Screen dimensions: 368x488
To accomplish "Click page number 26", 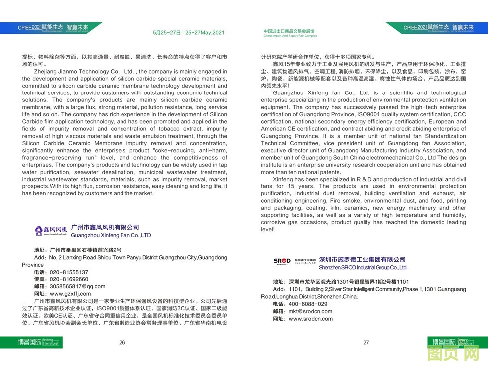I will [122, 342].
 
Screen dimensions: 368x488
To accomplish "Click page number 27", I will [366, 342].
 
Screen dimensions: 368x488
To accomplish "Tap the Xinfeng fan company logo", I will [51, 230].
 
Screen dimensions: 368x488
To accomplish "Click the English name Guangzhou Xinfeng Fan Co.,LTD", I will [111, 235].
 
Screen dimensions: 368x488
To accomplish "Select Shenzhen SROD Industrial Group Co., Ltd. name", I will [363, 267].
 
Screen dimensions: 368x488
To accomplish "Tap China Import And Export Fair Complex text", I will [290, 36].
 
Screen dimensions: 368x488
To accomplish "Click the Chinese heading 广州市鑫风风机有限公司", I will [106, 227].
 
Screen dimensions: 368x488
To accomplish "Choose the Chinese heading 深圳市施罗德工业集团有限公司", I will [362, 260].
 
